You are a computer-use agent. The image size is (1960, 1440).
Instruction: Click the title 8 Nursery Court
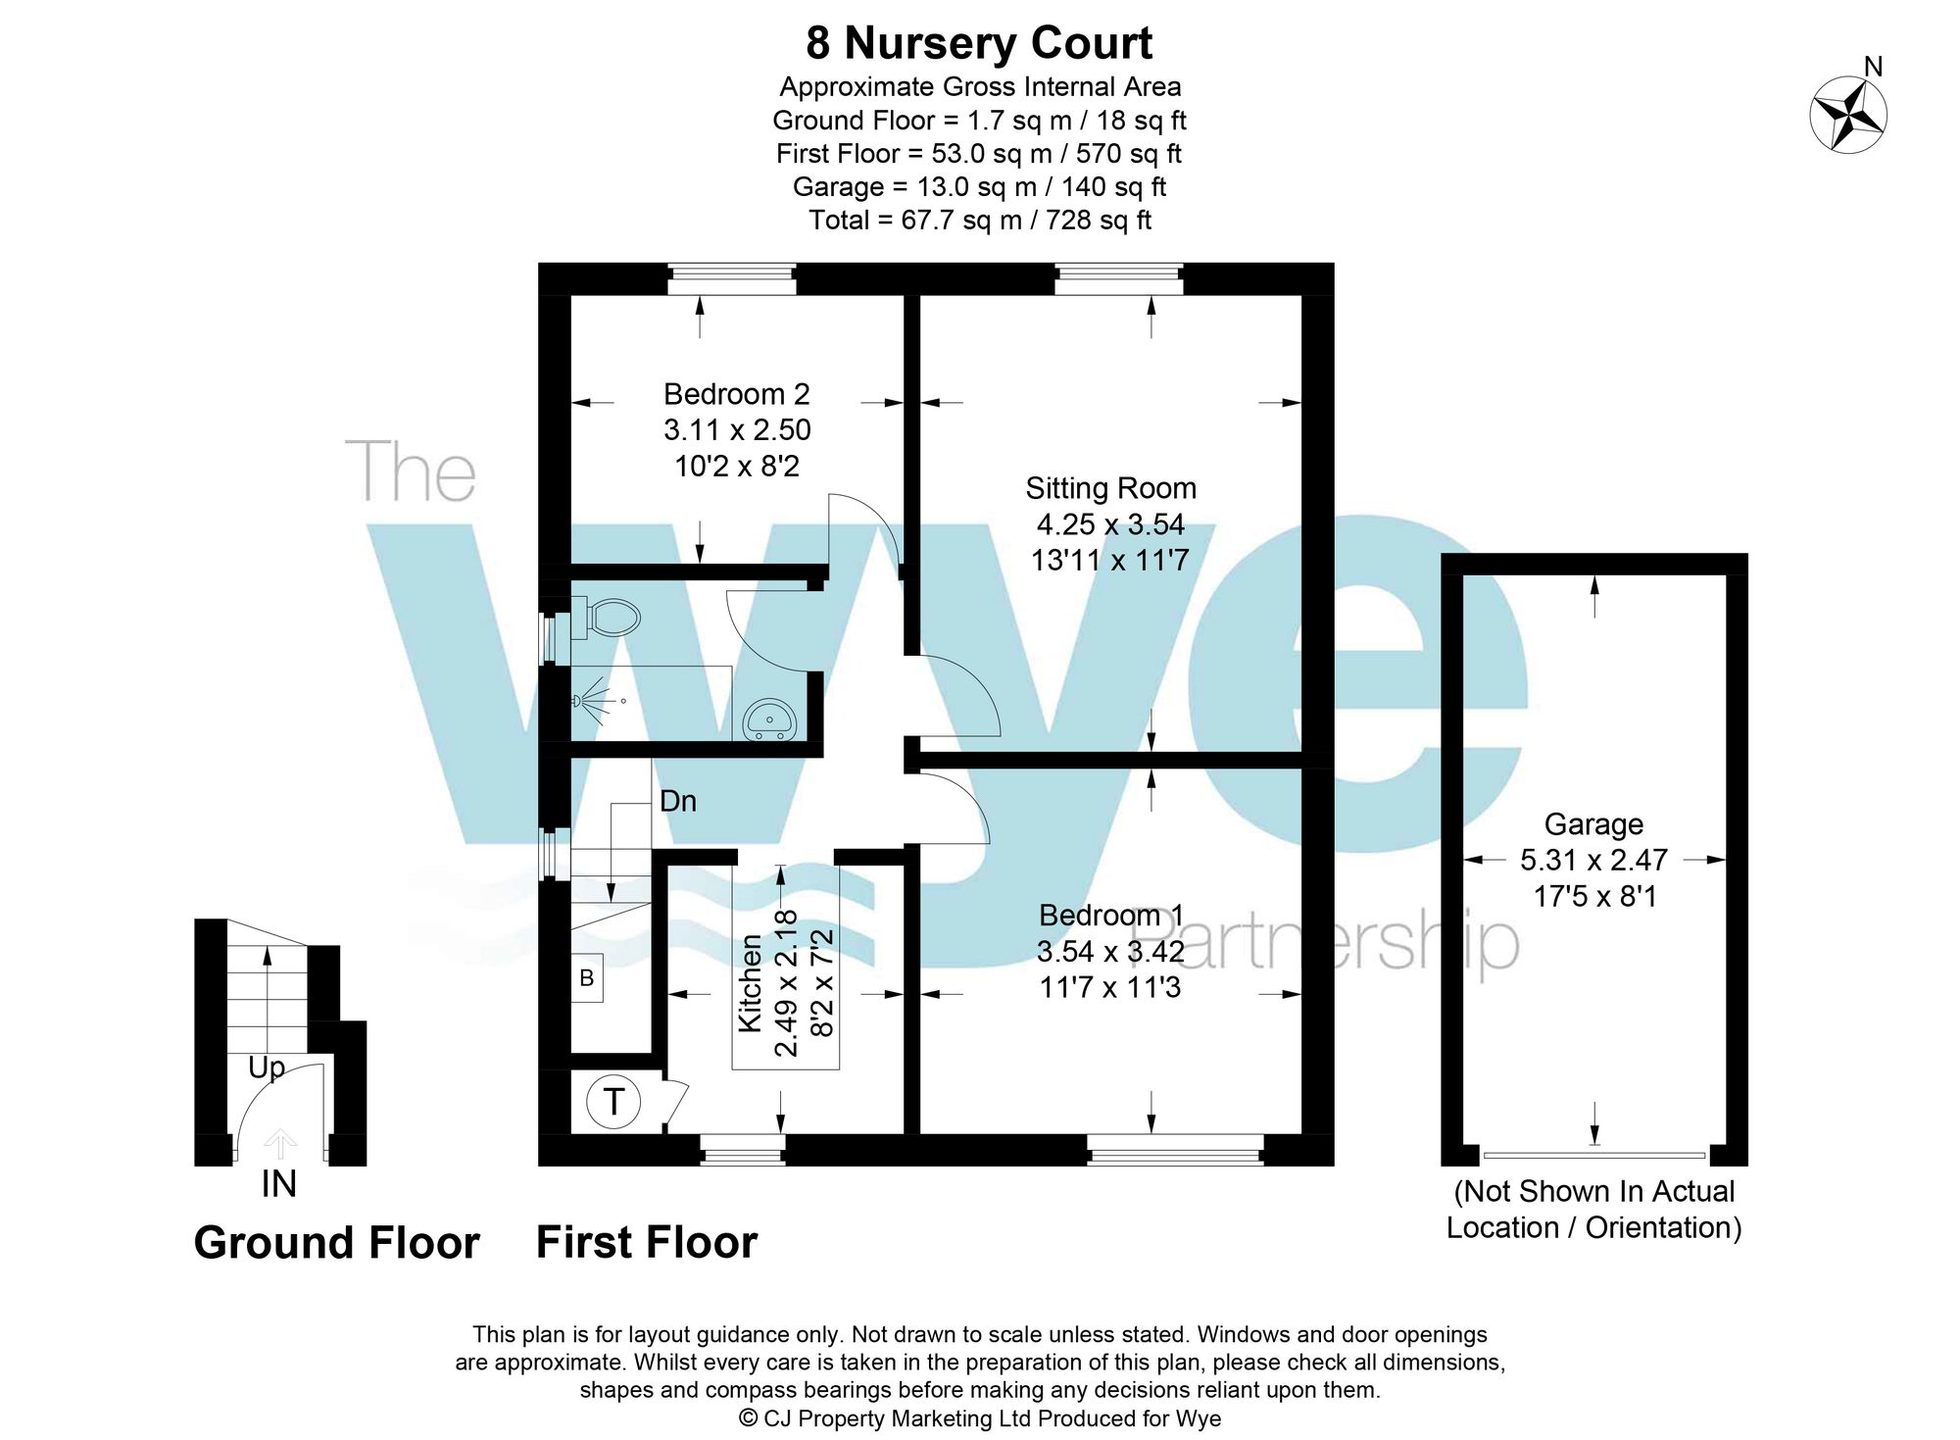(x=979, y=43)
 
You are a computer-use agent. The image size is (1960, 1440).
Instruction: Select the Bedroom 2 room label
(x=736, y=394)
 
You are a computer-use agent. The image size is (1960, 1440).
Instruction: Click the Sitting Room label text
(x=1110, y=488)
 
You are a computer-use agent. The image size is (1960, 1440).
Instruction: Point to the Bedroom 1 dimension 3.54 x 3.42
(x=1110, y=951)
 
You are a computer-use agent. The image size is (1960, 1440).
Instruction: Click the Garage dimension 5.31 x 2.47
(x=1593, y=860)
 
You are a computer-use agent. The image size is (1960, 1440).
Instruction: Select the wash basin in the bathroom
(x=770, y=720)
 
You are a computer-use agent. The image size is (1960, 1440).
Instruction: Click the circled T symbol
(x=613, y=1102)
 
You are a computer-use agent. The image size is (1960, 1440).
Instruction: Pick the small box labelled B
(x=586, y=977)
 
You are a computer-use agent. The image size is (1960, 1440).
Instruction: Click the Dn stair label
(x=678, y=801)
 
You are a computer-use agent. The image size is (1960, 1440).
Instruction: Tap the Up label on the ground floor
(x=266, y=1068)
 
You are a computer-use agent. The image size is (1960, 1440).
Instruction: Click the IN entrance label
(x=278, y=1184)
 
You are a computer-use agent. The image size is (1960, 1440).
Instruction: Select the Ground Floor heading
(x=336, y=1243)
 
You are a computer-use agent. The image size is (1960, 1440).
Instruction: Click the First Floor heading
(x=647, y=1242)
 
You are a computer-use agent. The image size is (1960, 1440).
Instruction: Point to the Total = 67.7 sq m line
(x=979, y=220)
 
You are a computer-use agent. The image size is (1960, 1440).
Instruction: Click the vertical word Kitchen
(x=750, y=983)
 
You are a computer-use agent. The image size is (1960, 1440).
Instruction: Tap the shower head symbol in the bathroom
(x=586, y=701)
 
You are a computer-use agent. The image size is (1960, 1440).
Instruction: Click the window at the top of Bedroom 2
(x=731, y=278)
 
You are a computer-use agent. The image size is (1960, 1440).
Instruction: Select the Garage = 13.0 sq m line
(x=979, y=186)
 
